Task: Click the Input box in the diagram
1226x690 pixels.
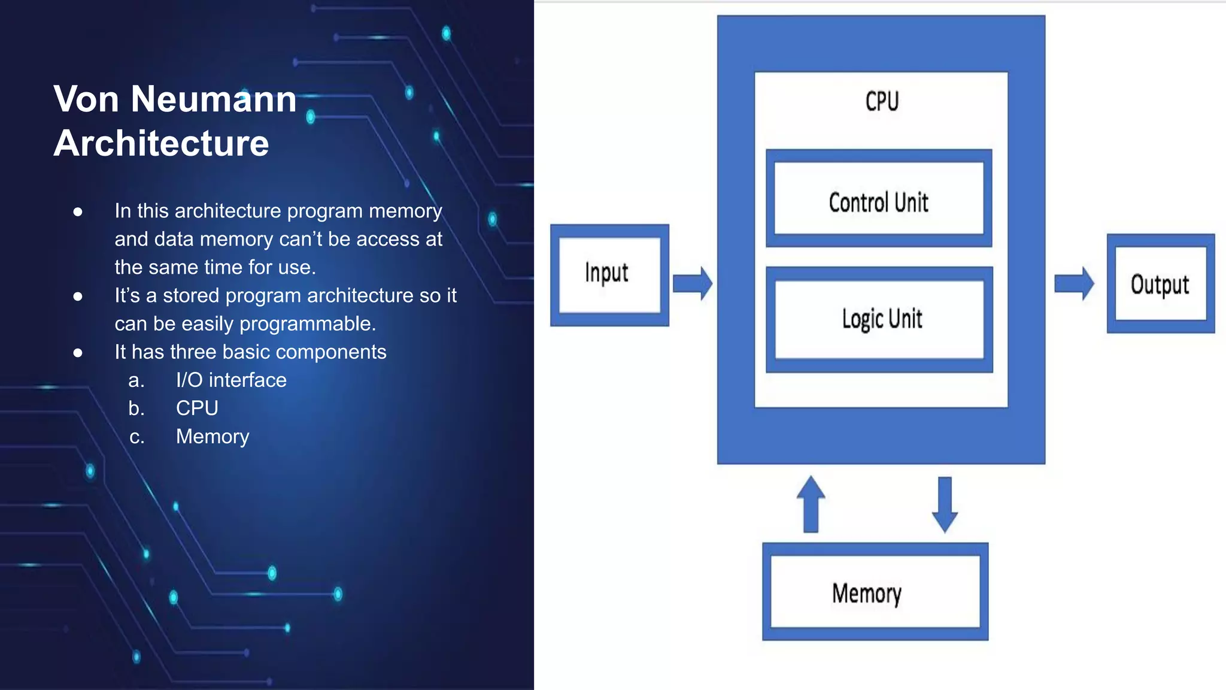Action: (609, 275)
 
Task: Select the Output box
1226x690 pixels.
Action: (1160, 283)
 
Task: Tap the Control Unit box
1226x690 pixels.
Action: (879, 199)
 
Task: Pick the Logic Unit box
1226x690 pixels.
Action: (879, 319)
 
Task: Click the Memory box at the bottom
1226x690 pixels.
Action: (875, 592)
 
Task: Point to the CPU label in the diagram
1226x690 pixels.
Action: (882, 101)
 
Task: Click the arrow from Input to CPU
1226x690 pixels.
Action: (693, 283)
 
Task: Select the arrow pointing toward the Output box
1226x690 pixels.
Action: (1074, 283)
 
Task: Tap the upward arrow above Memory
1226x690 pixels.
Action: (811, 504)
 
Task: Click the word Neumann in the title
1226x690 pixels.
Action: (214, 99)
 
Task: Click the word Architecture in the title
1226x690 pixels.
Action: (161, 143)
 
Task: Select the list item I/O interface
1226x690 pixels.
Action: (231, 380)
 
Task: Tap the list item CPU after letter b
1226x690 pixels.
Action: (197, 408)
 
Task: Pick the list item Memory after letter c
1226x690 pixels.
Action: (213, 436)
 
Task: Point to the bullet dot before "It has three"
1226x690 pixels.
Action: (78, 353)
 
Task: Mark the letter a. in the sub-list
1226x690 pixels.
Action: (136, 380)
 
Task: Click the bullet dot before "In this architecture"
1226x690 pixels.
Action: (78, 212)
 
